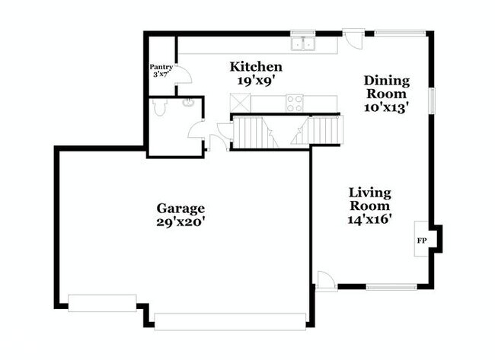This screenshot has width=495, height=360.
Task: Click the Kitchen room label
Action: (x=256, y=67)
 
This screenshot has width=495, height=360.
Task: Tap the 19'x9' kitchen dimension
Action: (x=254, y=81)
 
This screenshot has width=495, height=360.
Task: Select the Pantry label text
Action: (x=161, y=67)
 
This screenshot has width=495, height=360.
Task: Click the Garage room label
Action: (x=180, y=209)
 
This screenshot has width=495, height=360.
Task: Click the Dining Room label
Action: (x=387, y=87)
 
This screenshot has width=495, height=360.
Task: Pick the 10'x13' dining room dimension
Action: (x=384, y=108)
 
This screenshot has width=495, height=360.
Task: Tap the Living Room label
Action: (x=369, y=199)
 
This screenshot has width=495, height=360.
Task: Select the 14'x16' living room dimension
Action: (x=368, y=219)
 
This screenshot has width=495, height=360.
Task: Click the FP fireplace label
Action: (x=422, y=241)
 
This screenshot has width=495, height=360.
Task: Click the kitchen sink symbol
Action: (x=303, y=43)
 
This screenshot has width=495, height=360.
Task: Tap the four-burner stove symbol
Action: (x=294, y=104)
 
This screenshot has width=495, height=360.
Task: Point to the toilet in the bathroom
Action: (x=159, y=107)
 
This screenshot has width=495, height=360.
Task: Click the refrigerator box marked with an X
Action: (x=240, y=103)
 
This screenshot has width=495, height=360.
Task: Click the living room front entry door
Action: (x=327, y=281)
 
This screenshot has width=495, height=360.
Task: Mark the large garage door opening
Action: (x=230, y=321)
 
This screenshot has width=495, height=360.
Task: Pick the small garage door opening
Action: (x=102, y=303)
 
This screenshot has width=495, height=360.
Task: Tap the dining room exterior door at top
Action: (x=353, y=39)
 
